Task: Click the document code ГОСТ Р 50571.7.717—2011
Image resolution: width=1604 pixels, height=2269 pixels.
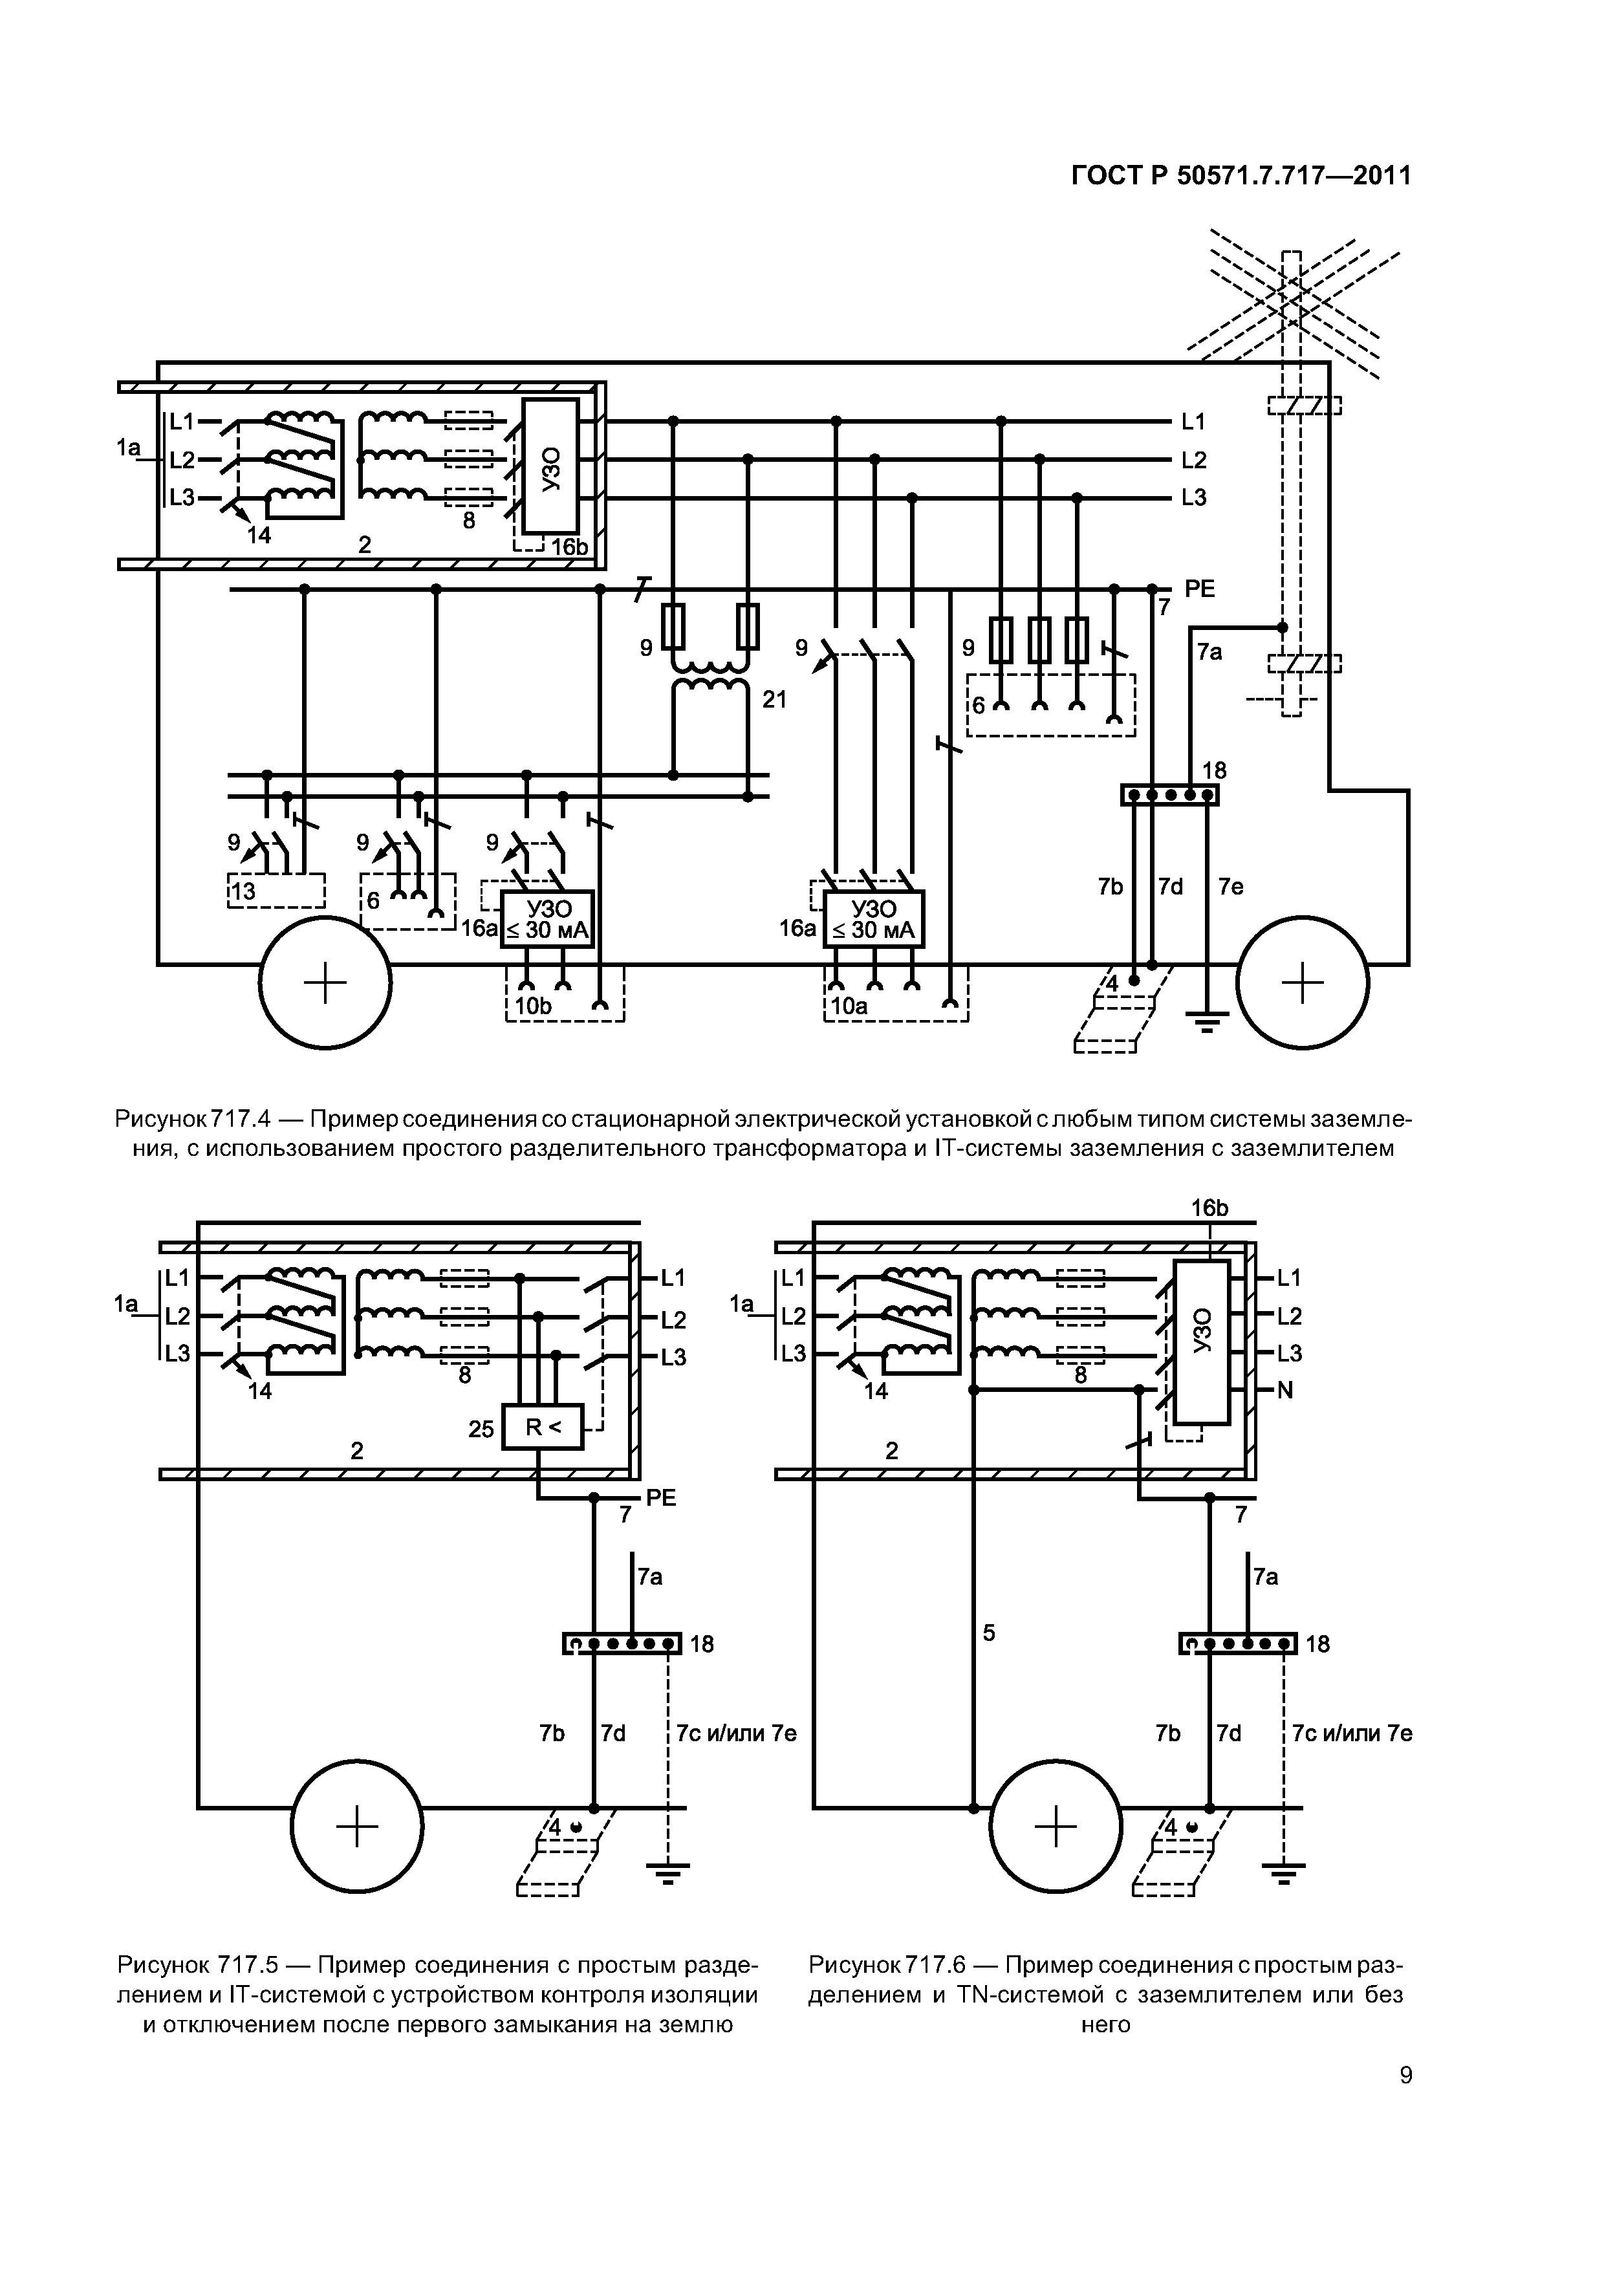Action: coord(1241,176)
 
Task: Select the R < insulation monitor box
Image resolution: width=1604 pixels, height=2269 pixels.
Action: coord(543,1427)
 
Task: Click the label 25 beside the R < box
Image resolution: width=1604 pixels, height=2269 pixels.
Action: coord(481,1429)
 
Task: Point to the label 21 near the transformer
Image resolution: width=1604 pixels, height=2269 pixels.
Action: coord(775,700)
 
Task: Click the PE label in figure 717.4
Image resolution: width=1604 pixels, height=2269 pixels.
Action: coord(1200,589)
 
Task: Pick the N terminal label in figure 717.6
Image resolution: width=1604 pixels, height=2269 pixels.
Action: coord(1284,1391)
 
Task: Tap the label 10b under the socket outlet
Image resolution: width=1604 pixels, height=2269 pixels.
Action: coord(534,1006)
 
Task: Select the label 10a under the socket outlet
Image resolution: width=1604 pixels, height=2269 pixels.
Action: coord(849,1006)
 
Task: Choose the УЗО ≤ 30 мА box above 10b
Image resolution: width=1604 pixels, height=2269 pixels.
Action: coord(548,919)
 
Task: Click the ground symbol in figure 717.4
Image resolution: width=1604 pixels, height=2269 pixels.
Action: coord(1206,1021)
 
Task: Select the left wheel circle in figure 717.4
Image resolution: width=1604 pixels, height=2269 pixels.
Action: coord(325,983)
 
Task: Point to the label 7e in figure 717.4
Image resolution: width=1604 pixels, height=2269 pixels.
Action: coord(1230,887)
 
